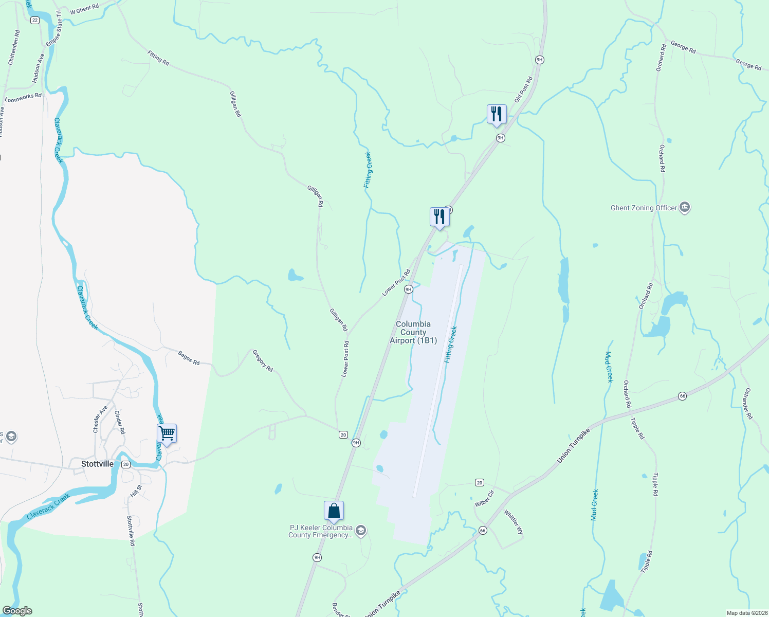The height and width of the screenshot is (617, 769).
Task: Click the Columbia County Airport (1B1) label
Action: tap(413, 332)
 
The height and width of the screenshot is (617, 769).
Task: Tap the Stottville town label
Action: tap(97, 464)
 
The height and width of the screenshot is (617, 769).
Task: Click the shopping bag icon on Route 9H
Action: tap(334, 511)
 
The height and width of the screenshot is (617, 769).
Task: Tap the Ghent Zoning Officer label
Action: tap(644, 208)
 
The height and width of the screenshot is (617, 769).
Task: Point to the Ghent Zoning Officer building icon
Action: tap(685, 208)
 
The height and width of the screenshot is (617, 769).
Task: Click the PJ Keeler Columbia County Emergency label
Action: tap(321, 531)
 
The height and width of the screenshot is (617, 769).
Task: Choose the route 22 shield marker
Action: tap(34, 20)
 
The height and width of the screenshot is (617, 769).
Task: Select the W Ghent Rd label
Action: tap(84, 9)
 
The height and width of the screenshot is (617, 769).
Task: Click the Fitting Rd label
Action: tap(158, 58)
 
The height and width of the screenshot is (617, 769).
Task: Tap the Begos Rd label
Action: tap(189, 358)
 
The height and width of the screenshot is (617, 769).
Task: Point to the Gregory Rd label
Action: tap(263, 360)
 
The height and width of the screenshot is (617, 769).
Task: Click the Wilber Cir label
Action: tap(484, 499)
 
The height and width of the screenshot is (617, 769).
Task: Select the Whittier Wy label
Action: tap(513, 522)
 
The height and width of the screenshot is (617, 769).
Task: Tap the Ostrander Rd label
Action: tap(747, 404)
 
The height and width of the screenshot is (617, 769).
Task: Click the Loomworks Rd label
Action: tap(23, 97)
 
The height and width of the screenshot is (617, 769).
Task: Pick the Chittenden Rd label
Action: tap(14, 47)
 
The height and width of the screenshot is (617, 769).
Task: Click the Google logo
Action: tap(17, 611)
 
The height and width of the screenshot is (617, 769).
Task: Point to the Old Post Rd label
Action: tap(524, 89)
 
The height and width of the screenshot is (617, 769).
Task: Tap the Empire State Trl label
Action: tap(53, 28)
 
